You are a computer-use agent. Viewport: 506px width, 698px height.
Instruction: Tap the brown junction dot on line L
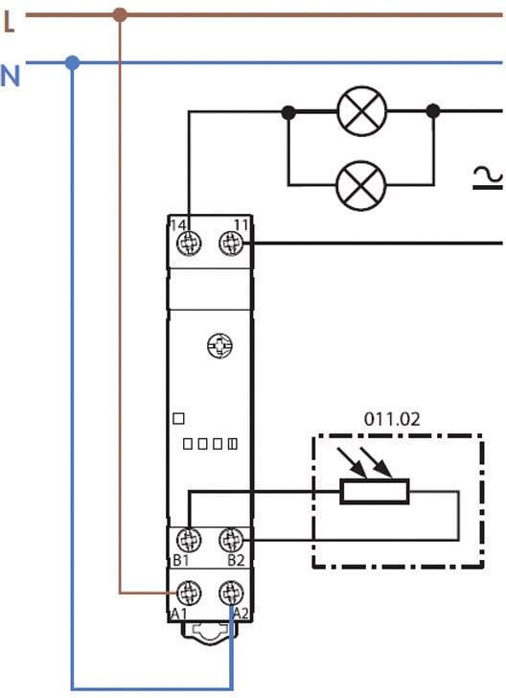point(120,15)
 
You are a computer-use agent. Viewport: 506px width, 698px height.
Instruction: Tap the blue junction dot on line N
point(72,63)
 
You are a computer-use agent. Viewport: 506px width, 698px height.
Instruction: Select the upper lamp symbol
point(361,111)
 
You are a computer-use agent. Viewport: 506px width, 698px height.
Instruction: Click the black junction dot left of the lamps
point(288,111)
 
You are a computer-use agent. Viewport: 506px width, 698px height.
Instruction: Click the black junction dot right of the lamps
point(433,111)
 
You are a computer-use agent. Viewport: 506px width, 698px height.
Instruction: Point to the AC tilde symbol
point(489,176)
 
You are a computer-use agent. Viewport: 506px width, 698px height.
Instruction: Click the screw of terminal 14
point(190,244)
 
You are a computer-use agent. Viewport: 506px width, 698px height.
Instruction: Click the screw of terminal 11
point(230,244)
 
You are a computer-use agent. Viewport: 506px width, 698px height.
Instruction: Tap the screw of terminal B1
point(190,540)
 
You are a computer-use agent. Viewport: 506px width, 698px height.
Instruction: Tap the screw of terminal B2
point(230,540)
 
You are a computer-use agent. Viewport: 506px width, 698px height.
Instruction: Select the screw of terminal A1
point(190,593)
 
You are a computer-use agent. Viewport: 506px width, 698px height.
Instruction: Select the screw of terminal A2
point(230,593)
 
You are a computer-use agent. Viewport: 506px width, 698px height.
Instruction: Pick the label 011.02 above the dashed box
point(391,420)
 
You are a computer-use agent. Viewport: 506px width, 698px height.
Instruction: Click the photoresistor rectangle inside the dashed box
point(375,493)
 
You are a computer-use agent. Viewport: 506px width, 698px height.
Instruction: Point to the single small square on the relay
point(177,418)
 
